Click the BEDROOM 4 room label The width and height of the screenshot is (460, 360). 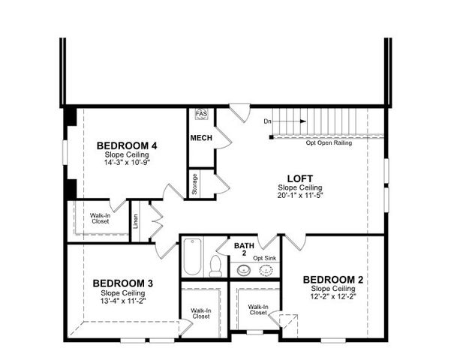[x=127, y=145]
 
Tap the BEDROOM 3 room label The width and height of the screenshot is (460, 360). [x=123, y=283]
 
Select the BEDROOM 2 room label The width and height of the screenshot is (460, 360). [x=333, y=280]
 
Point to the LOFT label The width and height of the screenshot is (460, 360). [x=299, y=178]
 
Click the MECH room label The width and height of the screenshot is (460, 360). [x=200, y=138]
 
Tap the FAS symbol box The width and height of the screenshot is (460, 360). [x=201, y=114]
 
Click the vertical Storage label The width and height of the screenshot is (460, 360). [x=195, y=184]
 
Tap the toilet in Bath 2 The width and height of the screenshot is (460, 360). [x=215, y=265]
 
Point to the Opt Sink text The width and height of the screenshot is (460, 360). [x=265, y=258]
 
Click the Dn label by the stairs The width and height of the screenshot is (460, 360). [x=267, y=121]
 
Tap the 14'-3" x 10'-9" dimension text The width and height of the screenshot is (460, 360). [x=127, y=163]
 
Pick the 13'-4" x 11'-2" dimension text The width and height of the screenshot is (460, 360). [x=123, y=301]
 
